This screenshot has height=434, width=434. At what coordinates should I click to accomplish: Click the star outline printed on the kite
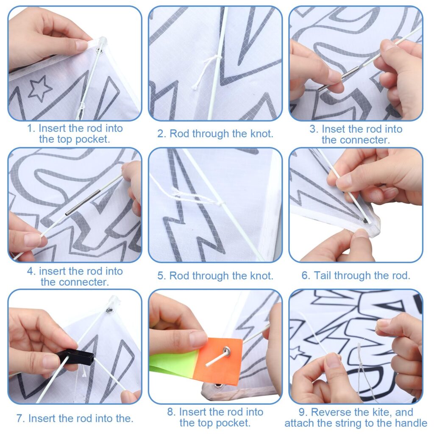click(x=40, y=88)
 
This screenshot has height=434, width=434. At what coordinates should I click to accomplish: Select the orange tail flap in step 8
click(x=218, y=359)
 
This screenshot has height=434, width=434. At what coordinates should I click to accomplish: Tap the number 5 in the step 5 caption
click(x=160, y=276)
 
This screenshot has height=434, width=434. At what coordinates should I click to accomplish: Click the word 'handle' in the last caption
click(x=411, y=423)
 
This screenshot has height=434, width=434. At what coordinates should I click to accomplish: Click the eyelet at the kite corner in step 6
click(x=365, y=220)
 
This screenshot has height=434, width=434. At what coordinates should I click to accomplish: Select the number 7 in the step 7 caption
click(x=19, y=418)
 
